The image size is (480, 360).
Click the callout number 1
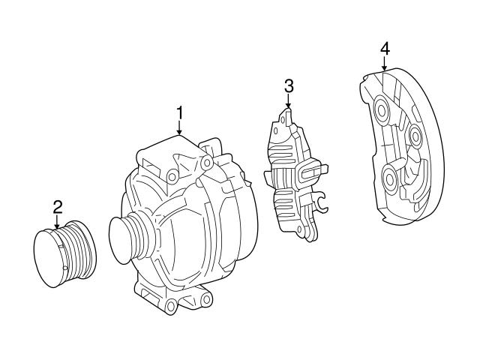pos(179,113)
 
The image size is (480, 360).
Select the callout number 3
pos(289,86)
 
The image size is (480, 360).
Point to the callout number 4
pos(384,49)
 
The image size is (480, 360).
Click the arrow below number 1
pos(179,130)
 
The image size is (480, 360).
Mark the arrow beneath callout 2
pos(57,223)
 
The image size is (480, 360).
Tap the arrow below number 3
pos(289,103)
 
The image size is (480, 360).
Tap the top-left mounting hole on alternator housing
pos(173,176)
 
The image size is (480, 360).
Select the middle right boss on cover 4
pos(415,136)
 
